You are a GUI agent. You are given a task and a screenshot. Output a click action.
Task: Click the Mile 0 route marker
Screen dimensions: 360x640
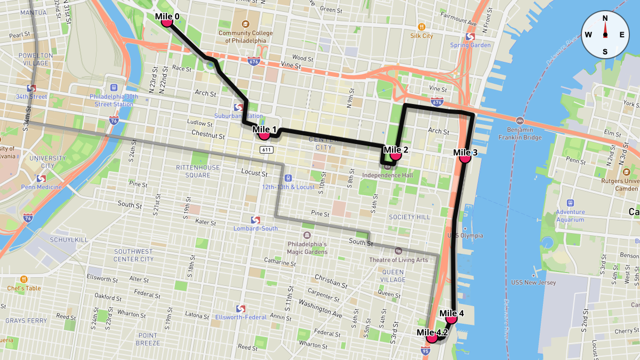point(166,22)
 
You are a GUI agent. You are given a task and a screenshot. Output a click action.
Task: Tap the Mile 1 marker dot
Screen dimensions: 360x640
point(263,135)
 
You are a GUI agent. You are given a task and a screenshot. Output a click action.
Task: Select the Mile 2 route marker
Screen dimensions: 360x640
point(395,156)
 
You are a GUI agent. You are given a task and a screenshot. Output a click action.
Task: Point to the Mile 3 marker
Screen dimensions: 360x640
point(465,158)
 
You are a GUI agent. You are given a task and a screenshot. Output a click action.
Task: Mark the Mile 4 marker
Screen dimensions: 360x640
point(451,318)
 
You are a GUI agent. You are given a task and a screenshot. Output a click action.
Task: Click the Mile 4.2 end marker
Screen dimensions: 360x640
point(432,338)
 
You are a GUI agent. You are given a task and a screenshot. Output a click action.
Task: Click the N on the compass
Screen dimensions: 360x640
point(605,18)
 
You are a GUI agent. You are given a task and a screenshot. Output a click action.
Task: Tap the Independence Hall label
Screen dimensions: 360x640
point(387,174)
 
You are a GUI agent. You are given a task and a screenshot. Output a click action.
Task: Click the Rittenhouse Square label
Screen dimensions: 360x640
point(198,171)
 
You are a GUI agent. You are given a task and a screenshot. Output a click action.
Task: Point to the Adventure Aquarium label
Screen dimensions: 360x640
point(570,215)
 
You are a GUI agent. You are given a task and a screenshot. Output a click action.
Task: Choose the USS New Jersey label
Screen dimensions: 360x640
point(533,282)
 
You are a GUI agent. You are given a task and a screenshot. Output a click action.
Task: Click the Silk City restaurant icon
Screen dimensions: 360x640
point(421,26)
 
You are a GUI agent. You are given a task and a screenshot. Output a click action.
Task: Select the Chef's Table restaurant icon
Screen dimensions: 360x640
point(24,279)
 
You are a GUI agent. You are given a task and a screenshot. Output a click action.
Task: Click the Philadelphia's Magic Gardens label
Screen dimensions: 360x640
point(307,248)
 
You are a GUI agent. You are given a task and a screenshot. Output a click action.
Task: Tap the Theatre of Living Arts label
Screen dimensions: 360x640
point(398,260)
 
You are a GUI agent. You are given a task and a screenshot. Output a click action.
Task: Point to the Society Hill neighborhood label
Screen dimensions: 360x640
point(409,217)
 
